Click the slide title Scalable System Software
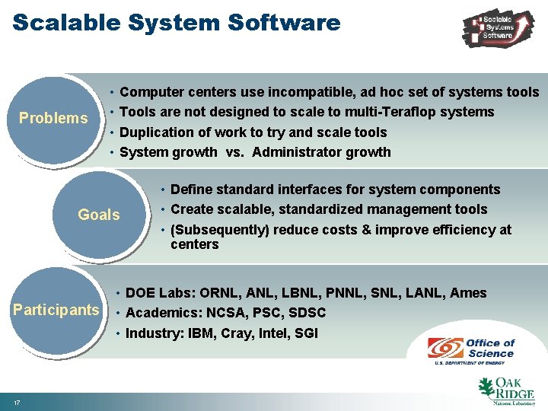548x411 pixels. (176, 22)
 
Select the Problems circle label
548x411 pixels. (53, 118)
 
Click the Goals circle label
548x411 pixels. (99, 215)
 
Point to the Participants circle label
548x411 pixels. (56, 310)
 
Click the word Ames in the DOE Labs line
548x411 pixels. (468, 293)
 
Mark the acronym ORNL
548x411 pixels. (219, 293)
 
